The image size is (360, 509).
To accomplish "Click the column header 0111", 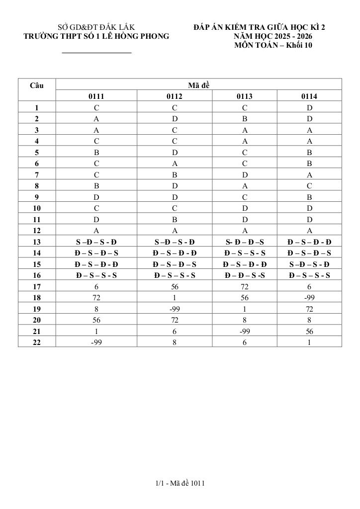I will point(96,96).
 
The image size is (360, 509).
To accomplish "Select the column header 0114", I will point(309,96).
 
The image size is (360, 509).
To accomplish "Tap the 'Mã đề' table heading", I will point(199,85).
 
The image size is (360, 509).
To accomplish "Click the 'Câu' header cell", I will point(37,85).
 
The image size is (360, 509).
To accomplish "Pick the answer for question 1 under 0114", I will point(309,107).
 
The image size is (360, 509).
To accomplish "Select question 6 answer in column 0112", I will point(175,163).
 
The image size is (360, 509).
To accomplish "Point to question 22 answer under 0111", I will point(96,342).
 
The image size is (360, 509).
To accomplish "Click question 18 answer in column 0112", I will point(175,298).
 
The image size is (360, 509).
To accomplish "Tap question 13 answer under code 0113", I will point(245,242).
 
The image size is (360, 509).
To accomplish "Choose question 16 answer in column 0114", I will point(309,275).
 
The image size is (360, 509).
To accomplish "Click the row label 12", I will point(37,231).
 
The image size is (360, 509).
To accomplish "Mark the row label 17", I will point(37,287).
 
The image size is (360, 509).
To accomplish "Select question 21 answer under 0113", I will point(245,332).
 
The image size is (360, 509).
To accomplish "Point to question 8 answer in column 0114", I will point(309,186).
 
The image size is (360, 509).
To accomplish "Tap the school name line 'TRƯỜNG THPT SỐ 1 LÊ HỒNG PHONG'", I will point(96,36).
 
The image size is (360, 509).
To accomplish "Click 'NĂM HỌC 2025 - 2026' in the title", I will point(273,36).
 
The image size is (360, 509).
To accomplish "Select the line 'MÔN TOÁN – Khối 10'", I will point(273,46).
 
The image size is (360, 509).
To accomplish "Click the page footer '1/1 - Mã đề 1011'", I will point(180,483).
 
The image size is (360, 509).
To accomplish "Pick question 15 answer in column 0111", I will point(96,264).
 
